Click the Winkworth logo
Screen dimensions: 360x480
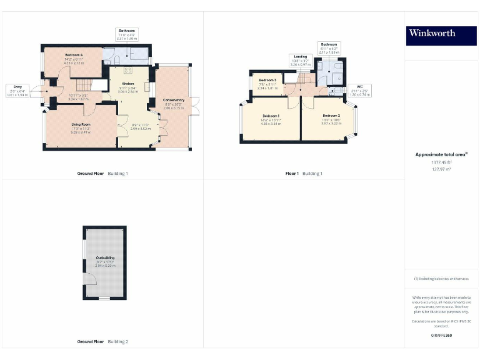point(441,34)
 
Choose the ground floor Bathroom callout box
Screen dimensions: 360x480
point(127,34)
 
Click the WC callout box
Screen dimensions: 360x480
point(359,91)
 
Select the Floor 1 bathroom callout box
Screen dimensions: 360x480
point(329,48)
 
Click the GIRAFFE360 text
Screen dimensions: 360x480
point(442,336)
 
